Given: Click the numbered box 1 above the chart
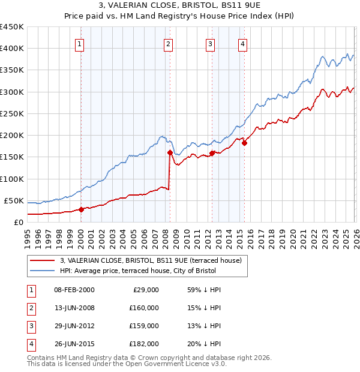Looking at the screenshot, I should tap(80, 43).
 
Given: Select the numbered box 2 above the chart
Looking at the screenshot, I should tap(169, 43).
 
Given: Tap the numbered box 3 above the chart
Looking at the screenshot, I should tap(211, 43).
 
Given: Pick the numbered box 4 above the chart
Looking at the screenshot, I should tap(243, 43).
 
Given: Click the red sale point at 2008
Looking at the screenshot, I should tap(170, 152).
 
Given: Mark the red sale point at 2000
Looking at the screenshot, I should tap(81, 209).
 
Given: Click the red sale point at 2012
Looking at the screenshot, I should tap(212, 153).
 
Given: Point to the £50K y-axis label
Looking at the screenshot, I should tap(13, 200).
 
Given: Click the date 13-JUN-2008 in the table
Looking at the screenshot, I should tap(74, 308).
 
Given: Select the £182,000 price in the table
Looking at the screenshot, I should tap(144, 344).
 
